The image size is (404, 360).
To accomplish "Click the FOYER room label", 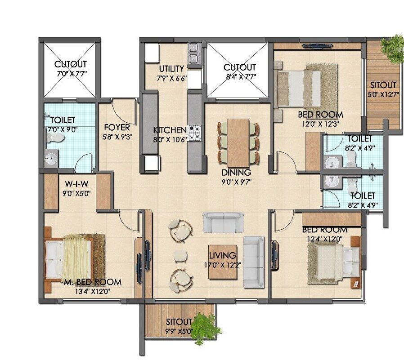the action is pos(117,127).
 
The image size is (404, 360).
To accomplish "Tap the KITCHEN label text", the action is pos(170,130).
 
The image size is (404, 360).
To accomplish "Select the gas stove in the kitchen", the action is pos(195,133).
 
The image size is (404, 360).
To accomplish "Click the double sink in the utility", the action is pos(193,53).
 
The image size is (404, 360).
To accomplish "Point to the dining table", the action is pos(238,142).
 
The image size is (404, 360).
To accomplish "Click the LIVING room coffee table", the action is pos(223,262).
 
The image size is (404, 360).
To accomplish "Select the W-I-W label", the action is pos(77,184).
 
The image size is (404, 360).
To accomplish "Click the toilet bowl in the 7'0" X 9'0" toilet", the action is pos(55,138).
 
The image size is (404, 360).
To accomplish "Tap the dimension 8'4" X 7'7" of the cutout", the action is pos(240,77).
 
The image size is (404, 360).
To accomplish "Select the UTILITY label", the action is pos(171,69).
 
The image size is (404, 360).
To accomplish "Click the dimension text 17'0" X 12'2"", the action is pos(222,265).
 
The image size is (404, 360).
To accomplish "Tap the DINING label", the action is pos(236,172).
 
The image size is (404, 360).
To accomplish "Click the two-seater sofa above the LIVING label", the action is pos(223,222).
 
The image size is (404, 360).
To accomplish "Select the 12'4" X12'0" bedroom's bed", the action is pos(334,262).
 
